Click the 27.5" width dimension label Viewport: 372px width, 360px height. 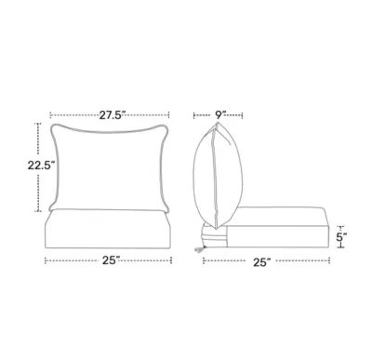pyautogui.click(x=113, y=115)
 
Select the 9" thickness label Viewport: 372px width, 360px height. pyautogui.click(x=220, y=115)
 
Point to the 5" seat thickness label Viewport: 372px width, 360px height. pyautogui.click(x=342, y=237)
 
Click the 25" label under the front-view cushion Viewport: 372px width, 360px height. pyautogui.click(x=112, y=261)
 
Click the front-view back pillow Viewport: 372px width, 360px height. pyautogui.click(x=113, y=167)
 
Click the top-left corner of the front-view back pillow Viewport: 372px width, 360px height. pyautogui.click(x=57, y=127)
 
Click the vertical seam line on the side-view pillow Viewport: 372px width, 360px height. pyautogui.click(x=218, y=177)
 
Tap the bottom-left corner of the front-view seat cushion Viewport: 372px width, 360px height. pyautogui.click(x=47, y=247)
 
